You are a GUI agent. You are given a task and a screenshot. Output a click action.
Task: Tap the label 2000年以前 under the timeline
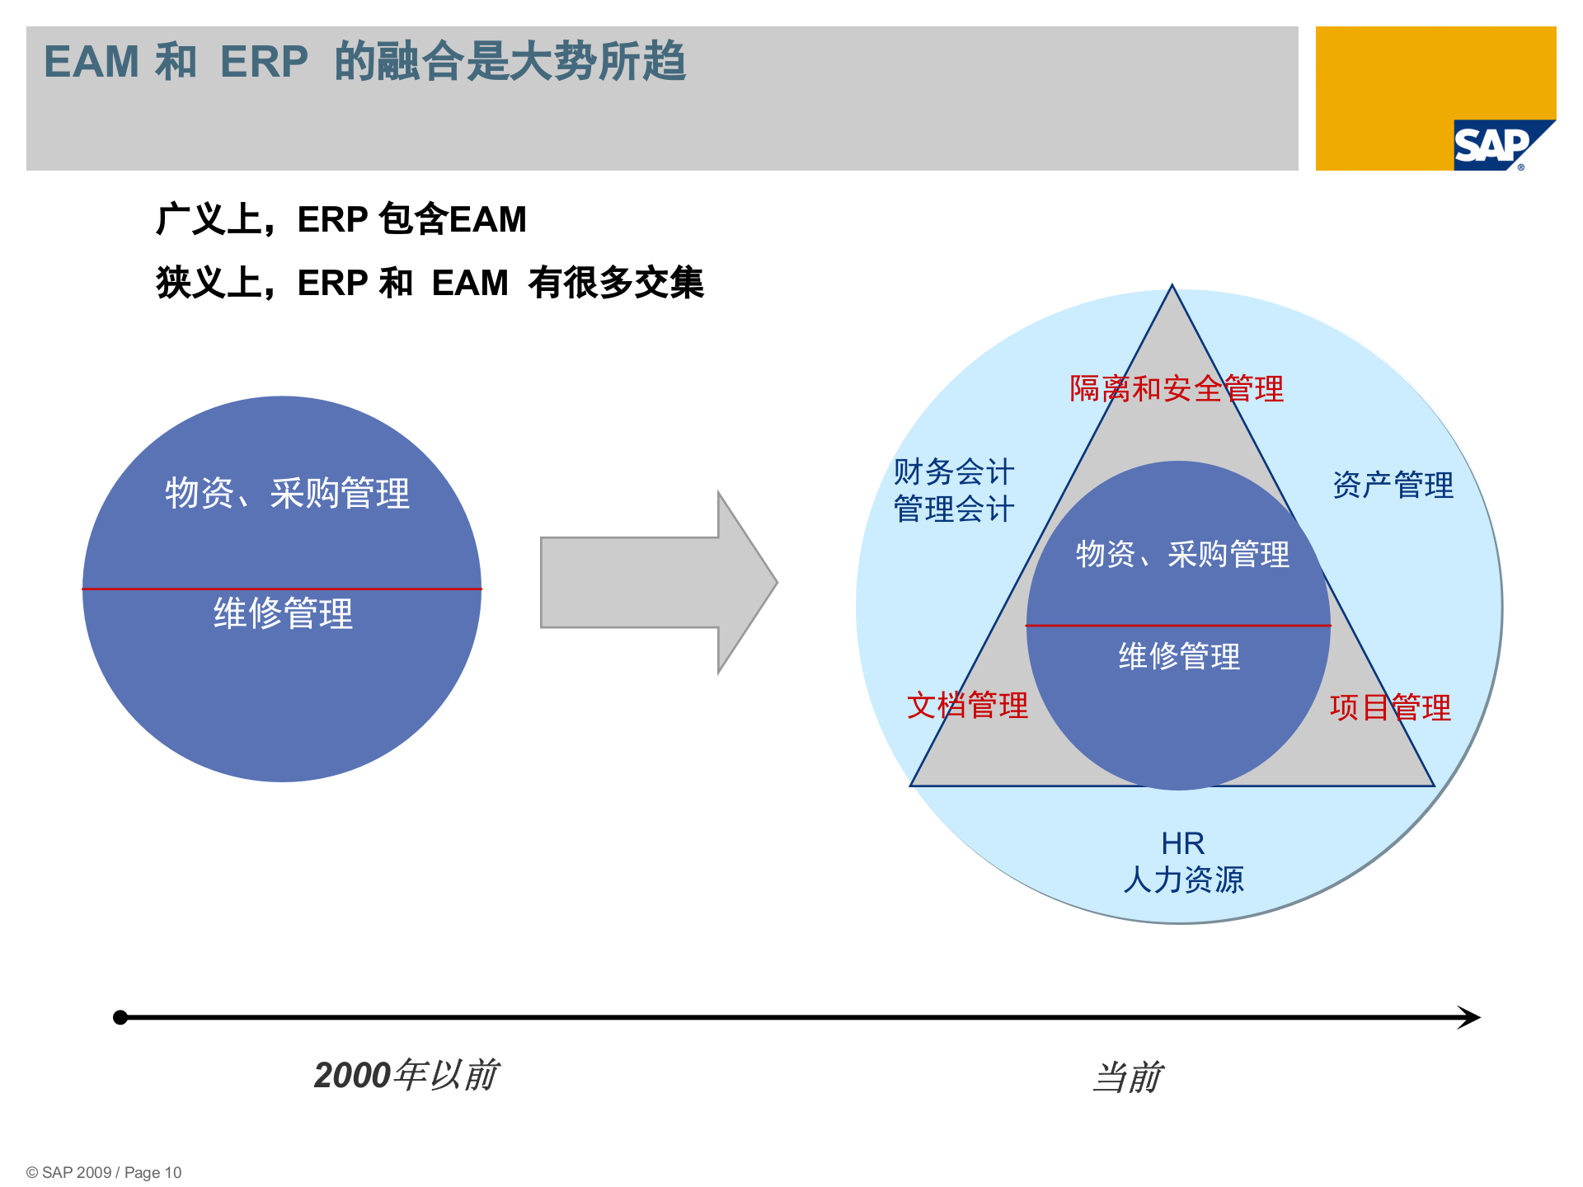point(406,1075)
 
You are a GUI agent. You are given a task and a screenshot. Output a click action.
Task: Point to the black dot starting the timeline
point(120,1017)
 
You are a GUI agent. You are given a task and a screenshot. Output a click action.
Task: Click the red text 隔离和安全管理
point(1177,388)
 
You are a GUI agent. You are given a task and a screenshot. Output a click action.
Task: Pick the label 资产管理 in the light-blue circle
point(1393,485)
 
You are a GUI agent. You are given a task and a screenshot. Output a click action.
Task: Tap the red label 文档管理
point(967,706)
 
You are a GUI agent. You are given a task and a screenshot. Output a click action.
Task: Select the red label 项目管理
point(1390,707)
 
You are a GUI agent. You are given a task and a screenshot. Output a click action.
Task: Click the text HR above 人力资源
point(1182,843)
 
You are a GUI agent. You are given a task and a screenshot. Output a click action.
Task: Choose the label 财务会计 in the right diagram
point(954,472)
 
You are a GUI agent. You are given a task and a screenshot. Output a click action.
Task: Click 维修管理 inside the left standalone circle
point(283,613)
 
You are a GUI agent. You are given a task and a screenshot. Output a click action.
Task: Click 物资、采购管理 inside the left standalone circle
point(287,493)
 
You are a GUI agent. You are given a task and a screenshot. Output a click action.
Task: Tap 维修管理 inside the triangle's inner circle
point(1179,656)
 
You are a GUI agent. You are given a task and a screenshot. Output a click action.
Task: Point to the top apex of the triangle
point(1172,289)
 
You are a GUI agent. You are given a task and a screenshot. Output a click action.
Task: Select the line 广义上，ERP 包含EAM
point(341,219)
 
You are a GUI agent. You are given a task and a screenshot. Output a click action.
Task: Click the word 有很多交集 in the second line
point(616,283)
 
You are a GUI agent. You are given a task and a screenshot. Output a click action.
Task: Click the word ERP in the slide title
point(264,62)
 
